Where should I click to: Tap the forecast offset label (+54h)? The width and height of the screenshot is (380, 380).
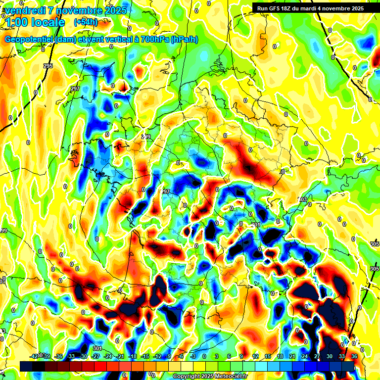(85, 22)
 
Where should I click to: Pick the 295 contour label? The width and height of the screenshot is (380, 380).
(47, 66)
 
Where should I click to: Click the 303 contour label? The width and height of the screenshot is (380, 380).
(303, 199)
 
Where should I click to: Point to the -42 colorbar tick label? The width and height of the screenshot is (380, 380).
(34, 356)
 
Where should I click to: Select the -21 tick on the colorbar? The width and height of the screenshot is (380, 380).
(120, 356)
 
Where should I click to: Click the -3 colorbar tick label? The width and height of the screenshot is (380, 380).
(192, 356)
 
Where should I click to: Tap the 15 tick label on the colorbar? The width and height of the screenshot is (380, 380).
(268, 356)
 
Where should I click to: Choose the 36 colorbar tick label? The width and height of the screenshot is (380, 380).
(354, 356)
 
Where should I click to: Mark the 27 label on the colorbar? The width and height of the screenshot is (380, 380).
(317, 356)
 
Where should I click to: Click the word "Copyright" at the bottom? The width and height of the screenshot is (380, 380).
(186, 377)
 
